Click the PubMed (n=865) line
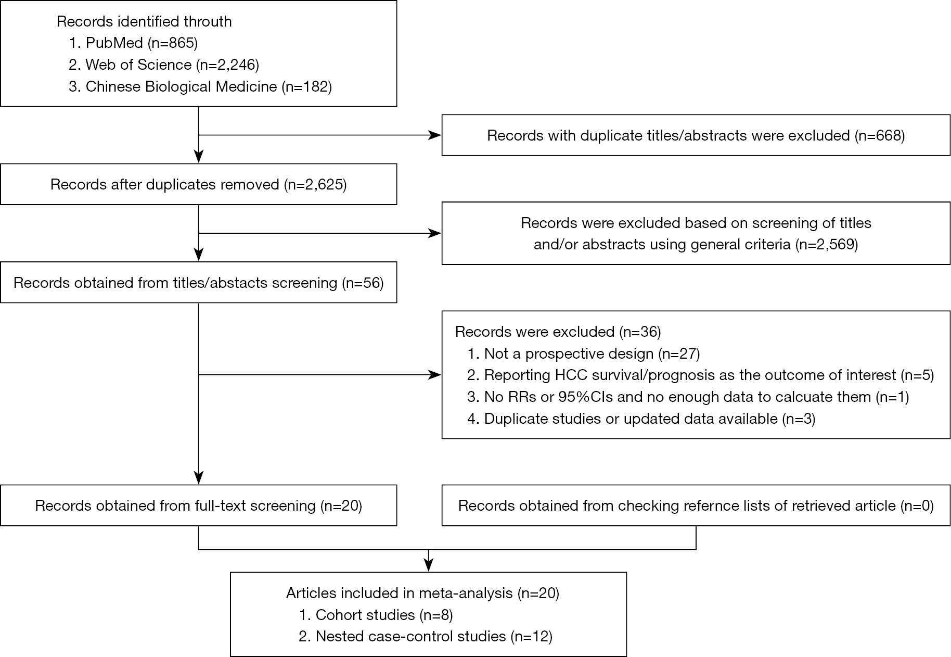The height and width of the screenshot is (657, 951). [x=133, y=43]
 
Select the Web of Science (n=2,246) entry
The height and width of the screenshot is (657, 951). [x=164, y=65]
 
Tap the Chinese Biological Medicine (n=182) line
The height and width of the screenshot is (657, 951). [x=200, y=86]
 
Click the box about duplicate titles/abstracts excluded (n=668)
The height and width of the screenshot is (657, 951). [x=696, y=135]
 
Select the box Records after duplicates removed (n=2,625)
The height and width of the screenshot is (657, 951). [x=199, y=184]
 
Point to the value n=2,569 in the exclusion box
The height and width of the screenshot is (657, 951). [x=827, y=244]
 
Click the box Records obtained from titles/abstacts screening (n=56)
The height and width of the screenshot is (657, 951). [x=199, y=283]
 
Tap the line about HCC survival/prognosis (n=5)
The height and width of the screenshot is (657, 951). [x=701, y=375]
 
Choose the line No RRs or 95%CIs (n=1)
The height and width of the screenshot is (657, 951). [x=688, y=397]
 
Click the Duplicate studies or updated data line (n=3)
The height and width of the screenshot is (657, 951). [x=641, y=419]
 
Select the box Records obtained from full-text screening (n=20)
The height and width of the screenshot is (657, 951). [x=199, y=506]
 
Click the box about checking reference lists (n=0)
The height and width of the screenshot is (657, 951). [x=696, y=506]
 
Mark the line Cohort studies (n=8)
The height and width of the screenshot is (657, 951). [x=376, y=615]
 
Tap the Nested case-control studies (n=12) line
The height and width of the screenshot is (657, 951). [x=426, y=636]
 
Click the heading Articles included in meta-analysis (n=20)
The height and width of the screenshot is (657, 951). [x=422, y=593]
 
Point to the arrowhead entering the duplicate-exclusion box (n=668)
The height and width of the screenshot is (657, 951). [x=435, y=135]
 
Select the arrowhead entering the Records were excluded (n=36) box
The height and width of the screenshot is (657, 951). [x=435, y=375]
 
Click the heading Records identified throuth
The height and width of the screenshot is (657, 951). [x=144, y=21]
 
